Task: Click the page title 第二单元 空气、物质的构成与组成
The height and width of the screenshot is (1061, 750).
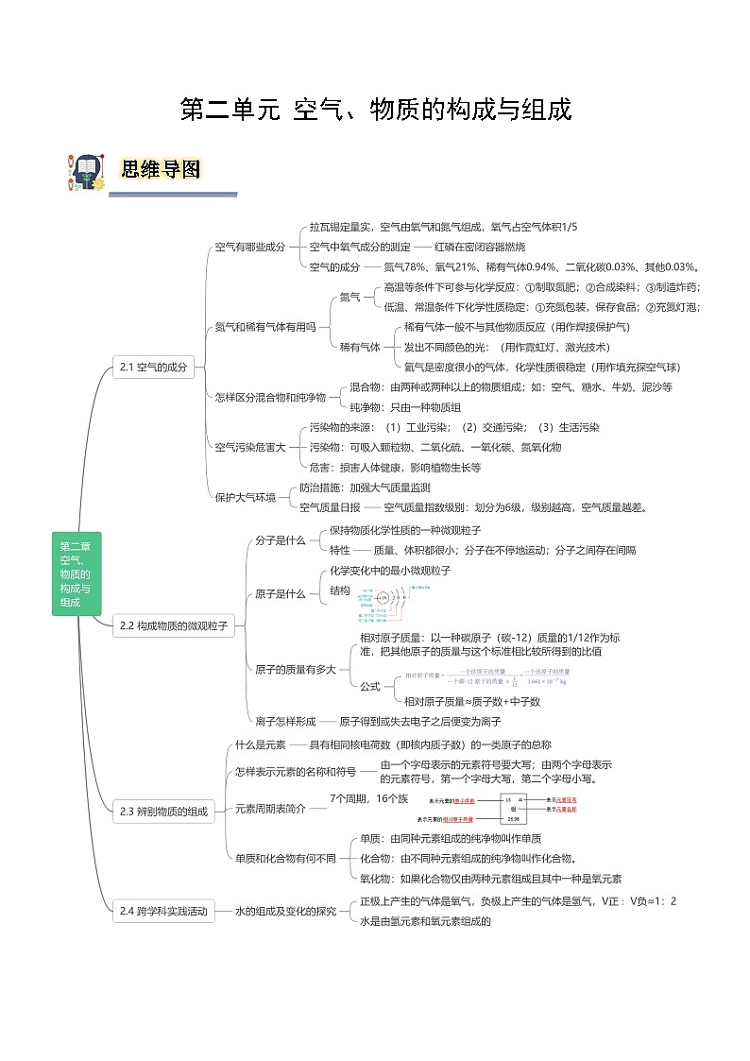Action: tap(376, 111)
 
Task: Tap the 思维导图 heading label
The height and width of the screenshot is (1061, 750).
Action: tap(161, 169)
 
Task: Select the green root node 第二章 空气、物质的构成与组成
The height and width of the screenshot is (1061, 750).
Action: tap(76, 573)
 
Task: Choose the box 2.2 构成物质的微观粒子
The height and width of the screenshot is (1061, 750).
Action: tap(171, 625)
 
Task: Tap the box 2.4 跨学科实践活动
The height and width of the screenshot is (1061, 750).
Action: tap(163, 912)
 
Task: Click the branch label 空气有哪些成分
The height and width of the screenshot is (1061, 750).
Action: tap(249, 247)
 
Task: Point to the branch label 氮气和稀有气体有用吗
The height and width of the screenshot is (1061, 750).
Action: tap(264, 327)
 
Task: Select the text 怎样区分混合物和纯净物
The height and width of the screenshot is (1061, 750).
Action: tap(270, 397)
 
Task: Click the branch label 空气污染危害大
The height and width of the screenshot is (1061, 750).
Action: tap(249, 447)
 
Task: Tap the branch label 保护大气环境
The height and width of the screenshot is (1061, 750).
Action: tap(246, 497)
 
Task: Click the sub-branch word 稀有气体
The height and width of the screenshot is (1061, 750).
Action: tap(360, 347)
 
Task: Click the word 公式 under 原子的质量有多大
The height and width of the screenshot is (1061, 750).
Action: tap(370, 685)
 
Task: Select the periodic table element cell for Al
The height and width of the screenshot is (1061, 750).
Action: tap(515, 808)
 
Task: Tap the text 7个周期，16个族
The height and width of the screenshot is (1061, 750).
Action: tap(369, 799)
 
